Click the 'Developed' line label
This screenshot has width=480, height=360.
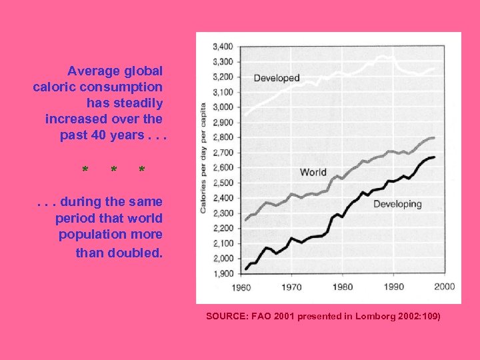click(277, 78)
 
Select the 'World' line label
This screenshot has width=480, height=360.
click(313, 172)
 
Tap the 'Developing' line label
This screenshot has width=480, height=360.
click(397, 204)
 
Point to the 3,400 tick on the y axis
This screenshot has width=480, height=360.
click(222, 47)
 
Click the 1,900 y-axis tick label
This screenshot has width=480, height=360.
click(222, 273)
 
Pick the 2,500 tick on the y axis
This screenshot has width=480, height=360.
click(222, 183)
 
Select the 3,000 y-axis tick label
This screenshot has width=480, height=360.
click(222, 107)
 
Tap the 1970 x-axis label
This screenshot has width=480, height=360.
click(291, 287)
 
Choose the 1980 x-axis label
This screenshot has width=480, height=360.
click(342, 287)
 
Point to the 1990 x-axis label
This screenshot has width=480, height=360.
click(393, 287)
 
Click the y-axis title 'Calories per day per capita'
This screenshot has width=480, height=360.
click(203, 158)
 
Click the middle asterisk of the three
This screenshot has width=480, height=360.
click(113, 171)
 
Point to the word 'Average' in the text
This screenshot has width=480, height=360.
click(91, 70)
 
